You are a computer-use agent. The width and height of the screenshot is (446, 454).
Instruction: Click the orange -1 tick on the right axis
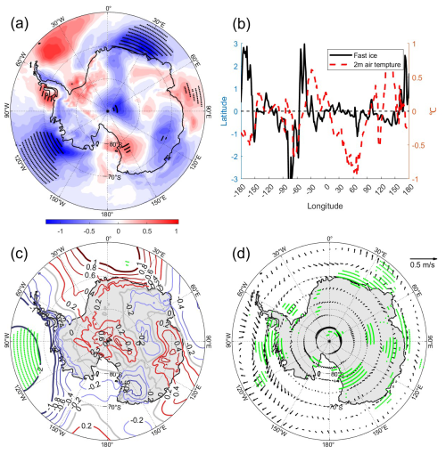tap(416, 179)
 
